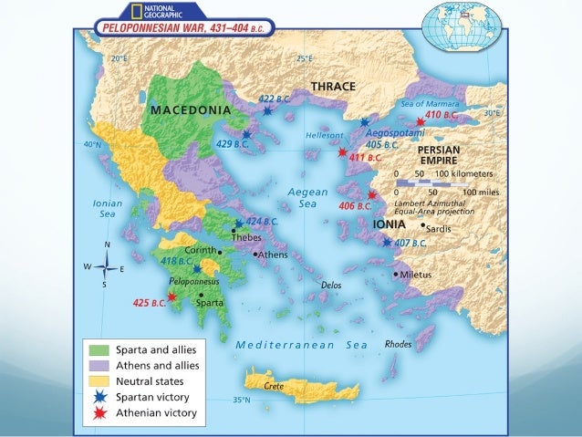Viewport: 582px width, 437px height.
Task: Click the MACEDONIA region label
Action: click(x=192, y=109)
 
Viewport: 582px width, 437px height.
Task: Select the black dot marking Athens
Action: click(x=255, y=254)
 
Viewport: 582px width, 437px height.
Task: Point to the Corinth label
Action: click(x=199, y=250)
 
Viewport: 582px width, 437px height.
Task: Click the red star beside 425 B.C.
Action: click(x=171, y=297)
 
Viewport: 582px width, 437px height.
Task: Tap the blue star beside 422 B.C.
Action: click(x=267, y=110)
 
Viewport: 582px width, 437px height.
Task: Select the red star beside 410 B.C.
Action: click(x=420, y=121)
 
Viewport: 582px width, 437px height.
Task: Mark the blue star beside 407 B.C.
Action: click(x=387, y=243)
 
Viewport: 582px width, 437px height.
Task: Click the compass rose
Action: click(x=108, y=267)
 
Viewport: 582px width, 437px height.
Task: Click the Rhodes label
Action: click(x=399, y=344)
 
